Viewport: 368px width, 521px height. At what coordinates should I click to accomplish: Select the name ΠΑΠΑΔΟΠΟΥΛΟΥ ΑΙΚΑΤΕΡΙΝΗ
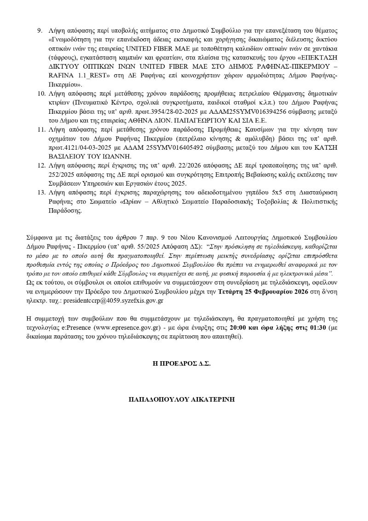coord(182,399)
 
